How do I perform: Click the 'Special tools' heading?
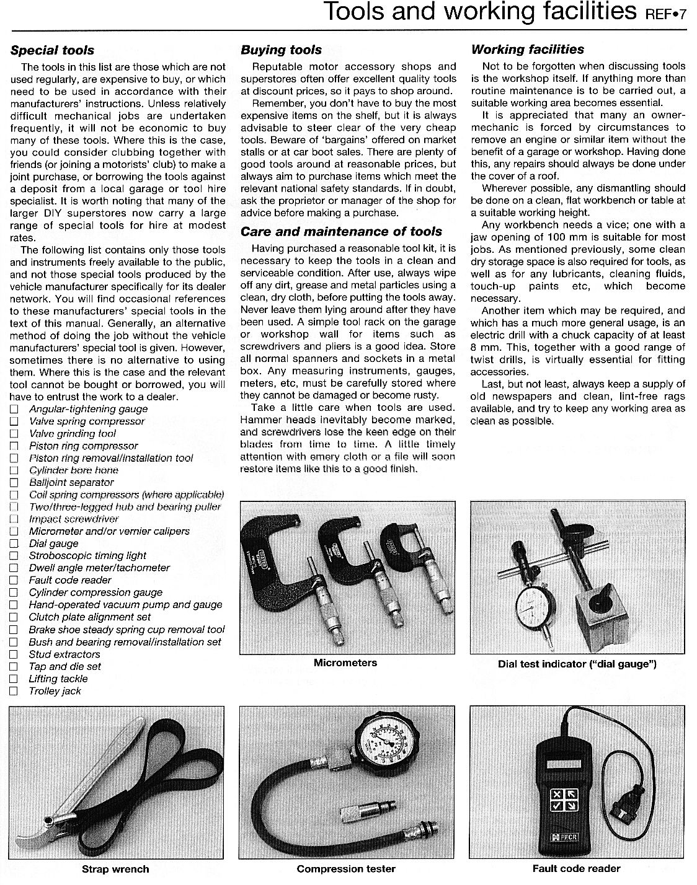click(52, 50)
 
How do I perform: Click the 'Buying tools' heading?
click(281, 50)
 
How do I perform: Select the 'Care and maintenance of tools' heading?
click(341, 232)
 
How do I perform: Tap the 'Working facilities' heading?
click(527, 50)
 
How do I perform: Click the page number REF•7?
click(666, 14)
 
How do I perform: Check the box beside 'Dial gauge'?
click(14, 544)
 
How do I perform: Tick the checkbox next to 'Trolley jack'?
click(14, 691)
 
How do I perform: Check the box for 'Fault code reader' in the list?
click(14, 581)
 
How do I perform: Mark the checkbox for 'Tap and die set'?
click(14, 667)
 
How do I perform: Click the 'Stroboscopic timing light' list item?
click(87, 556)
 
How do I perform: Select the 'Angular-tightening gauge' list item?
click(88, 409)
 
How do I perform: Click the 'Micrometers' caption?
click(345, 663)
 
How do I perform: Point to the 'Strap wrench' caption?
click(115, 869)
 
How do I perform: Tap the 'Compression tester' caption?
click(345, 869)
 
